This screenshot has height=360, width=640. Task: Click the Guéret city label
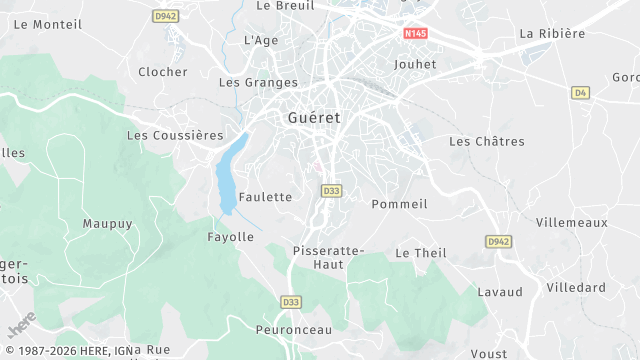tap(313, 117)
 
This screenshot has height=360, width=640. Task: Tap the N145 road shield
tap(416, 34)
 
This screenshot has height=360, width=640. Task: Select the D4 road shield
tap(580, 92)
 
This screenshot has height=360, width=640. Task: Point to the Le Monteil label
tap(49, 24)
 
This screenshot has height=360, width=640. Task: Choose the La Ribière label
tap(552, 33)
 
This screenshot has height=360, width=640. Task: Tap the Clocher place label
tap(163, 72)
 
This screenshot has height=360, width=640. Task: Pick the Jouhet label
tap(415, 63)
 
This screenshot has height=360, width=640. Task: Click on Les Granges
tap(258, 83)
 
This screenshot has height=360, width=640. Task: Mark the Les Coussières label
tap(175, 135)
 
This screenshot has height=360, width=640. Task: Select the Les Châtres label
tap(487, 142)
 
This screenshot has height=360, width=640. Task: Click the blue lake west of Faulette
tap(229, 176)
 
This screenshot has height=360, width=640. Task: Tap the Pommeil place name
tap(399, 204)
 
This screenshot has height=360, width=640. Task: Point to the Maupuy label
tap(107, 224)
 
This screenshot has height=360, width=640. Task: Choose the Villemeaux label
tap(571, 222)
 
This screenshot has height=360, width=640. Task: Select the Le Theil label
tap(421, 253)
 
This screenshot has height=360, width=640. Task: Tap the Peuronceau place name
tap(294, 328)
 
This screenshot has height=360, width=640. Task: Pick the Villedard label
tap(576, 287)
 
